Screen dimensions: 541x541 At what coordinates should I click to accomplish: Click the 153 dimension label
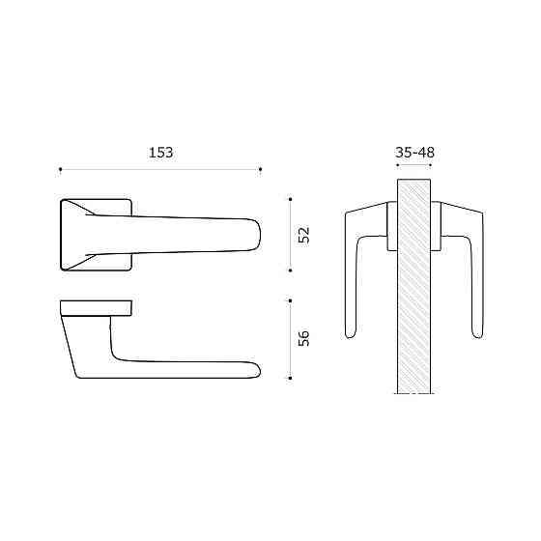(x=160, y=153)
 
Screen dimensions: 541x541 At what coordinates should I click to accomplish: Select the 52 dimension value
(x=304, y=236)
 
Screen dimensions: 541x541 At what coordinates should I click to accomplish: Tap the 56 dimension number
(x=304, y=338)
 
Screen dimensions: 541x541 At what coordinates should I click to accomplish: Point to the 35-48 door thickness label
(x=414, y=153)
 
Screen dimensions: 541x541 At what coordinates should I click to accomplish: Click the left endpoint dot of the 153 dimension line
(x=60, y=169)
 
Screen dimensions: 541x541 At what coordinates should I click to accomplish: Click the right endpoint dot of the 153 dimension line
(x=261, y=169)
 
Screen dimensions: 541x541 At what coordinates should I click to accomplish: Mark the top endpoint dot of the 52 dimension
(x=290, y=199)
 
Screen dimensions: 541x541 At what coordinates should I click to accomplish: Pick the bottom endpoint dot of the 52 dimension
(x=290, y=270)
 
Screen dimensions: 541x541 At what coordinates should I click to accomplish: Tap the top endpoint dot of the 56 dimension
(x=290, y=300)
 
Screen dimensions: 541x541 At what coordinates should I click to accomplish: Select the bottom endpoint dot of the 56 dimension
(x=290, y=378)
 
